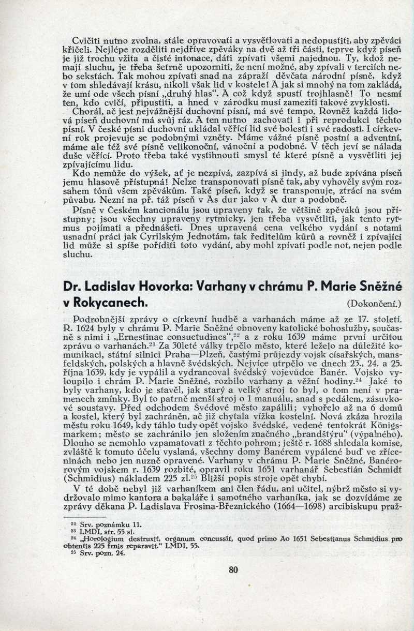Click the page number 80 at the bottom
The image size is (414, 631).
point(232,571)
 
